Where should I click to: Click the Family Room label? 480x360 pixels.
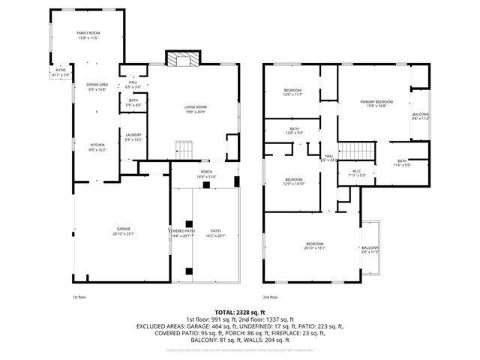[x=88, y=35]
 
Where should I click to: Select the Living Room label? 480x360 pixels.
[x=196, y=109]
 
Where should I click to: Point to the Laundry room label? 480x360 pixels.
[x=133, y=136]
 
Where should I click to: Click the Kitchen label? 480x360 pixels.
[x=97, y=147]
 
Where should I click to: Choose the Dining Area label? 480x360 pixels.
[x=97, y=87]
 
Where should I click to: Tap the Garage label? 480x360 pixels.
[x=123, y=231]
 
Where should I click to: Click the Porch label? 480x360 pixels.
[x=206, y=174]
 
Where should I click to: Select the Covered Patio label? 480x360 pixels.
[x=181, y=232]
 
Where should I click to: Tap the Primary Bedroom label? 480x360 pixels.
[x=376, y=103]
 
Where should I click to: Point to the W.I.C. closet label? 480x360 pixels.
[x=357, y=172]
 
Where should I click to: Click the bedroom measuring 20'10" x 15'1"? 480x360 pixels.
[x=314, y=246]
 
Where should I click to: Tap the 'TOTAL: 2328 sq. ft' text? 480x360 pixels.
[x=240, y=312]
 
